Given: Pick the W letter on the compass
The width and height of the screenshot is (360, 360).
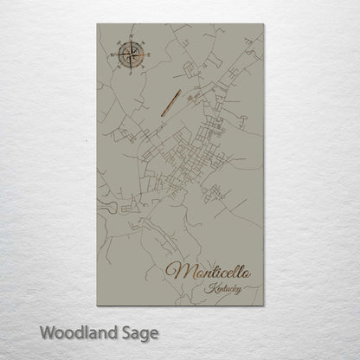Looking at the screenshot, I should pyautogui.click(x=111, y=55).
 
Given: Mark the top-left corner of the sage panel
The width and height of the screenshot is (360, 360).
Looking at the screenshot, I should pyautogui.click(x=97, y=25).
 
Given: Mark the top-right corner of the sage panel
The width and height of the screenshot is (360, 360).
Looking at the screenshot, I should pyautogui.click(x=264, y=25).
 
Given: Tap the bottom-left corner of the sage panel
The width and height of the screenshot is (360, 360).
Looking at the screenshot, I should pyautogui.click(x=97, y=306).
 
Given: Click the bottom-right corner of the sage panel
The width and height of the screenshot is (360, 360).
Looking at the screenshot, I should pyautogui.click(x=264, y=306).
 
